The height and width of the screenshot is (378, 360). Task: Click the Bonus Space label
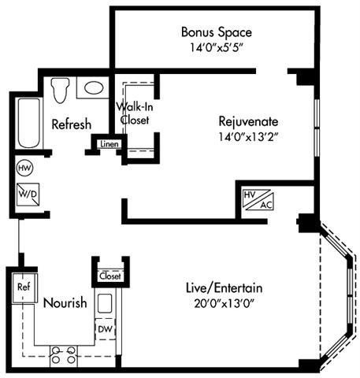[x=216, y=32]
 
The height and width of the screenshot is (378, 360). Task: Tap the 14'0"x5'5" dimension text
[x=216, y=47]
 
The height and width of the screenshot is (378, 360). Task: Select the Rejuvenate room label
[x=248, y=121]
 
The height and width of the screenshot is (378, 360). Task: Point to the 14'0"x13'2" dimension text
[x=248, y=136]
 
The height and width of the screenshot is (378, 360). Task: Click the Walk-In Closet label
[x=134, y=113]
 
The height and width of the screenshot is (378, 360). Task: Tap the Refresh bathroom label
[x=72, y=124]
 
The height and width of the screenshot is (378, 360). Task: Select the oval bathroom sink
[x=95, y=88]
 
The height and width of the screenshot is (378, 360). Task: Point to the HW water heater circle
[x=23, y=168]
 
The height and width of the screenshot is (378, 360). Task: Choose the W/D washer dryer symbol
[x=24, y=192]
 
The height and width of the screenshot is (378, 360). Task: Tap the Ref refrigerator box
[x=23, y=287]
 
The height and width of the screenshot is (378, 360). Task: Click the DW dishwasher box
[x=106, y=327]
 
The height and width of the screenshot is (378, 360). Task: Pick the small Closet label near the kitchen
[x=109, y=276]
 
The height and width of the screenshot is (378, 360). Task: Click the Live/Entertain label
[x=227, y=287]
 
